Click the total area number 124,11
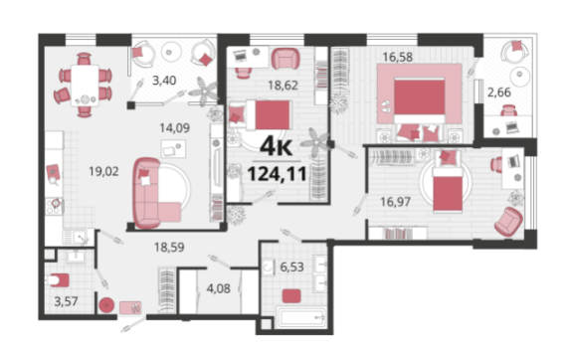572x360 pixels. coord(277,174)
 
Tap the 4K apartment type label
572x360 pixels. coord(277,147)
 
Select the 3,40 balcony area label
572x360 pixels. coord(164,81)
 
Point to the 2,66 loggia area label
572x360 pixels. coord(499,92)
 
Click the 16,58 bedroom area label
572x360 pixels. coord(397,57)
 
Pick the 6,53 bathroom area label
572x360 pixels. coord(291,267)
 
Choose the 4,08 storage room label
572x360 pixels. coord(218,288)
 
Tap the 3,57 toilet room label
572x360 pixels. coord(66,301)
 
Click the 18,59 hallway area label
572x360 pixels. coord(169,248)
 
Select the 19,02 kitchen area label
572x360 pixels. coord(104,171)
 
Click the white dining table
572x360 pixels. coord(85,86)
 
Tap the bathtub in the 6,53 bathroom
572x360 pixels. coord(301,317)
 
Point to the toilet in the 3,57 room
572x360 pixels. coord(58,280)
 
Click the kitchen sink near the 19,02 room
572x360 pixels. coord(78,238)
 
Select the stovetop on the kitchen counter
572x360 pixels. coord(55,206)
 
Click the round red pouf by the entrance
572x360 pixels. coord(106,305)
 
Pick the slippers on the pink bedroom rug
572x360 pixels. coord(385,106)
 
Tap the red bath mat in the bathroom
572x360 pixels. coord(291,295)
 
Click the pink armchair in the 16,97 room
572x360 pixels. coord(508,222)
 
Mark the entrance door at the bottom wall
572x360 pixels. coord(133,324)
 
